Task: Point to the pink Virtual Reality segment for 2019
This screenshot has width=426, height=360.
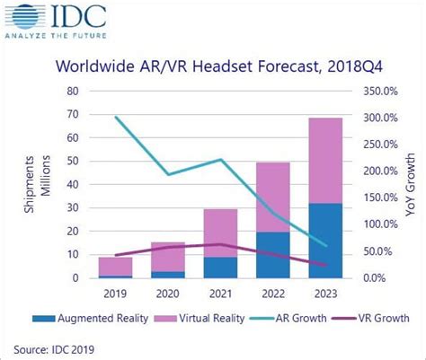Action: click(116, 266)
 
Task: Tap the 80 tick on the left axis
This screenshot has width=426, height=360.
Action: click(73, 91)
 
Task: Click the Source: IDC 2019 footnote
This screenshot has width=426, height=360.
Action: click(57, 347)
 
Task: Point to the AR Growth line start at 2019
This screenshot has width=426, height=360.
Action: click(116, 118)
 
